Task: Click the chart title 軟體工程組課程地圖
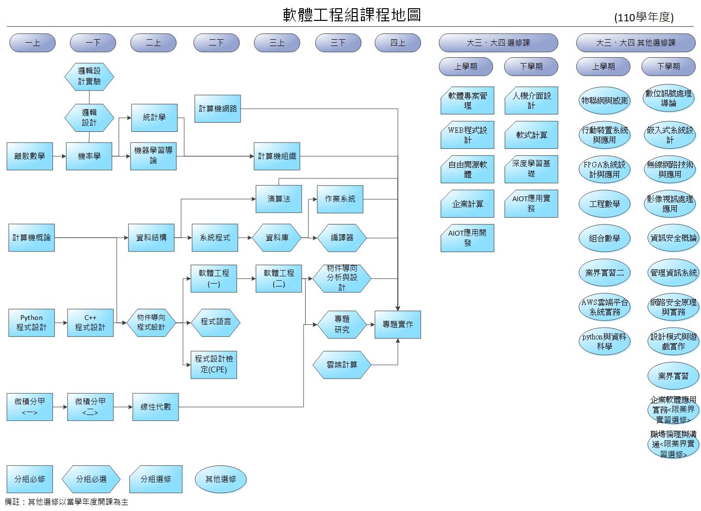tap(352, 15)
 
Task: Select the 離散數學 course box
tap(30, 156)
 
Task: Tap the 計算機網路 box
tap(218, 109)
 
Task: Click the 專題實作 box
tap(398, 324)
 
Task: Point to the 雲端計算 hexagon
tap(342, 365)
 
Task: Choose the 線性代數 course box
tap(156, 406)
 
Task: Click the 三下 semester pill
tap(338, 43)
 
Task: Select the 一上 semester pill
tap(33, 43)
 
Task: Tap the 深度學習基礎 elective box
tap(531, 169)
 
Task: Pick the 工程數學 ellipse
tap(604, 204)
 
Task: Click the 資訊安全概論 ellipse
tap(673, 238)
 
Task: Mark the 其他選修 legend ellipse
tap(221, 479)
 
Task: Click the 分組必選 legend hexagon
tap(91, 479)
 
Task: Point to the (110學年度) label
tap(644, 17)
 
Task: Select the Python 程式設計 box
tap(32, 323)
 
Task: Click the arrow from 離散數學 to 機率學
tap(59, 156)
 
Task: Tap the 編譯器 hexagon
tap(342, 238)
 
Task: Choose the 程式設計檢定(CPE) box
tap(214, 365)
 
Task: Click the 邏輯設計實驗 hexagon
tap(89, 76)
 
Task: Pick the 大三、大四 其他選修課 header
tap(636, 43)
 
